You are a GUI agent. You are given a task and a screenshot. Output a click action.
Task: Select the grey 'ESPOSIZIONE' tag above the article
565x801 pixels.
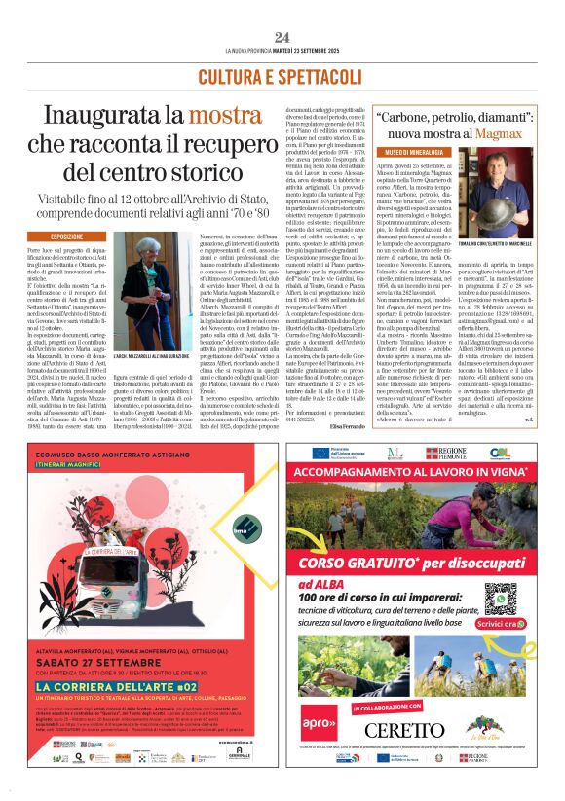[x=67, y=236]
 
